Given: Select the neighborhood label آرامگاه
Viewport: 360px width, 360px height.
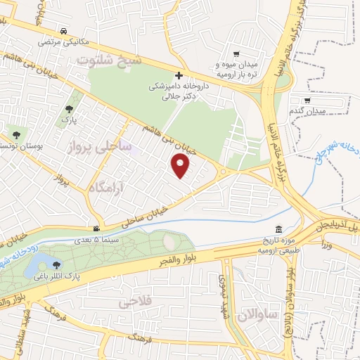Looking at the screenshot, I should click(x=108, y=186).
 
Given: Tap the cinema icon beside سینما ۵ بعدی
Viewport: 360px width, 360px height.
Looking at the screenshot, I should click(x=96, y=229).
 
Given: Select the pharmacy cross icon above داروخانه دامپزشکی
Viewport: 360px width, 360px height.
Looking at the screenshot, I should click(x=179, y=75).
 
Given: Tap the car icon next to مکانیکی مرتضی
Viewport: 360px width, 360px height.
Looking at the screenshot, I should click(x=64, y=32).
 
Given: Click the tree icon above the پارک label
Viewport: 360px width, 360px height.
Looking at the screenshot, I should click(x=68, y=109).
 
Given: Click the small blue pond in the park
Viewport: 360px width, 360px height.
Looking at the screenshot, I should click(x=34, y=266).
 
